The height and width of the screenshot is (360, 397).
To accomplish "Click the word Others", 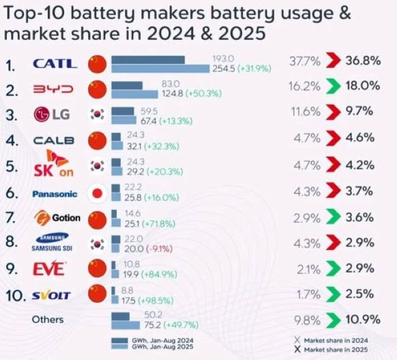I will [x=48, y=319].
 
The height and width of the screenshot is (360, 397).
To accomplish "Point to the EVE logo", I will [x=51, y=269].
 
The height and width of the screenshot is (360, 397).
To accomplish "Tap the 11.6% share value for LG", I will [x=304, y=113].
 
